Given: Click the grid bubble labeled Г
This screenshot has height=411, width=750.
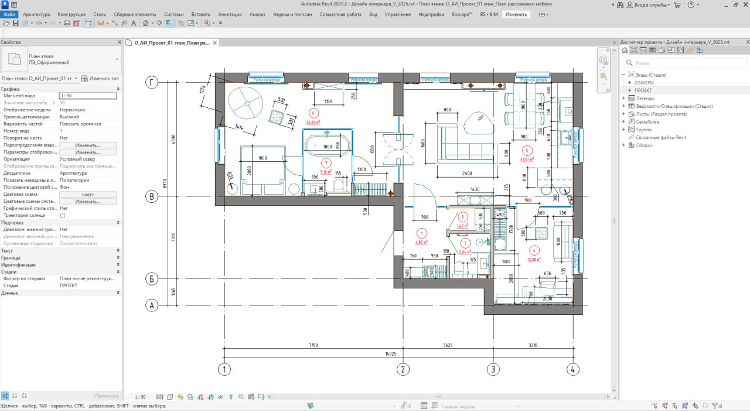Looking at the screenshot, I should pos(152,83).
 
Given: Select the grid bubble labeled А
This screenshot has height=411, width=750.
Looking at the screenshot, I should pos(152,305).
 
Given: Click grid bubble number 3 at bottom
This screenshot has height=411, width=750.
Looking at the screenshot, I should pos(493,369).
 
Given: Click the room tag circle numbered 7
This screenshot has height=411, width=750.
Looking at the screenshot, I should pos(326,163).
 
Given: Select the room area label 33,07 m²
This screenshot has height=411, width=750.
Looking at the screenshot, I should pos(527,158).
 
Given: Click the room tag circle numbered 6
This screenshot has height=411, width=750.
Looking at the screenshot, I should pos(313,113).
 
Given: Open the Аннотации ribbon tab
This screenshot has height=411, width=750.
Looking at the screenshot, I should pos(229,14).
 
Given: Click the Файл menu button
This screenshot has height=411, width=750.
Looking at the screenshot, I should pos(9,14).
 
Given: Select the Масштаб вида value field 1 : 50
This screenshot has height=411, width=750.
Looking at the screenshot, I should pos(87,96).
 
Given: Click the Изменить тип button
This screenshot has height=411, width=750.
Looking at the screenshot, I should pos(100,78).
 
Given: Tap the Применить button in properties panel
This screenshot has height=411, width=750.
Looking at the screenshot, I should pos(107,396).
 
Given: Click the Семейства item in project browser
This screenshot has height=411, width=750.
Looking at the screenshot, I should pos(647,122).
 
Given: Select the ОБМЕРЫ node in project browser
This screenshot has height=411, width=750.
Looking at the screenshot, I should pos(644,83).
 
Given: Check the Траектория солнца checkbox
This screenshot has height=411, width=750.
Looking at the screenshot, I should pos(63,216).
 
